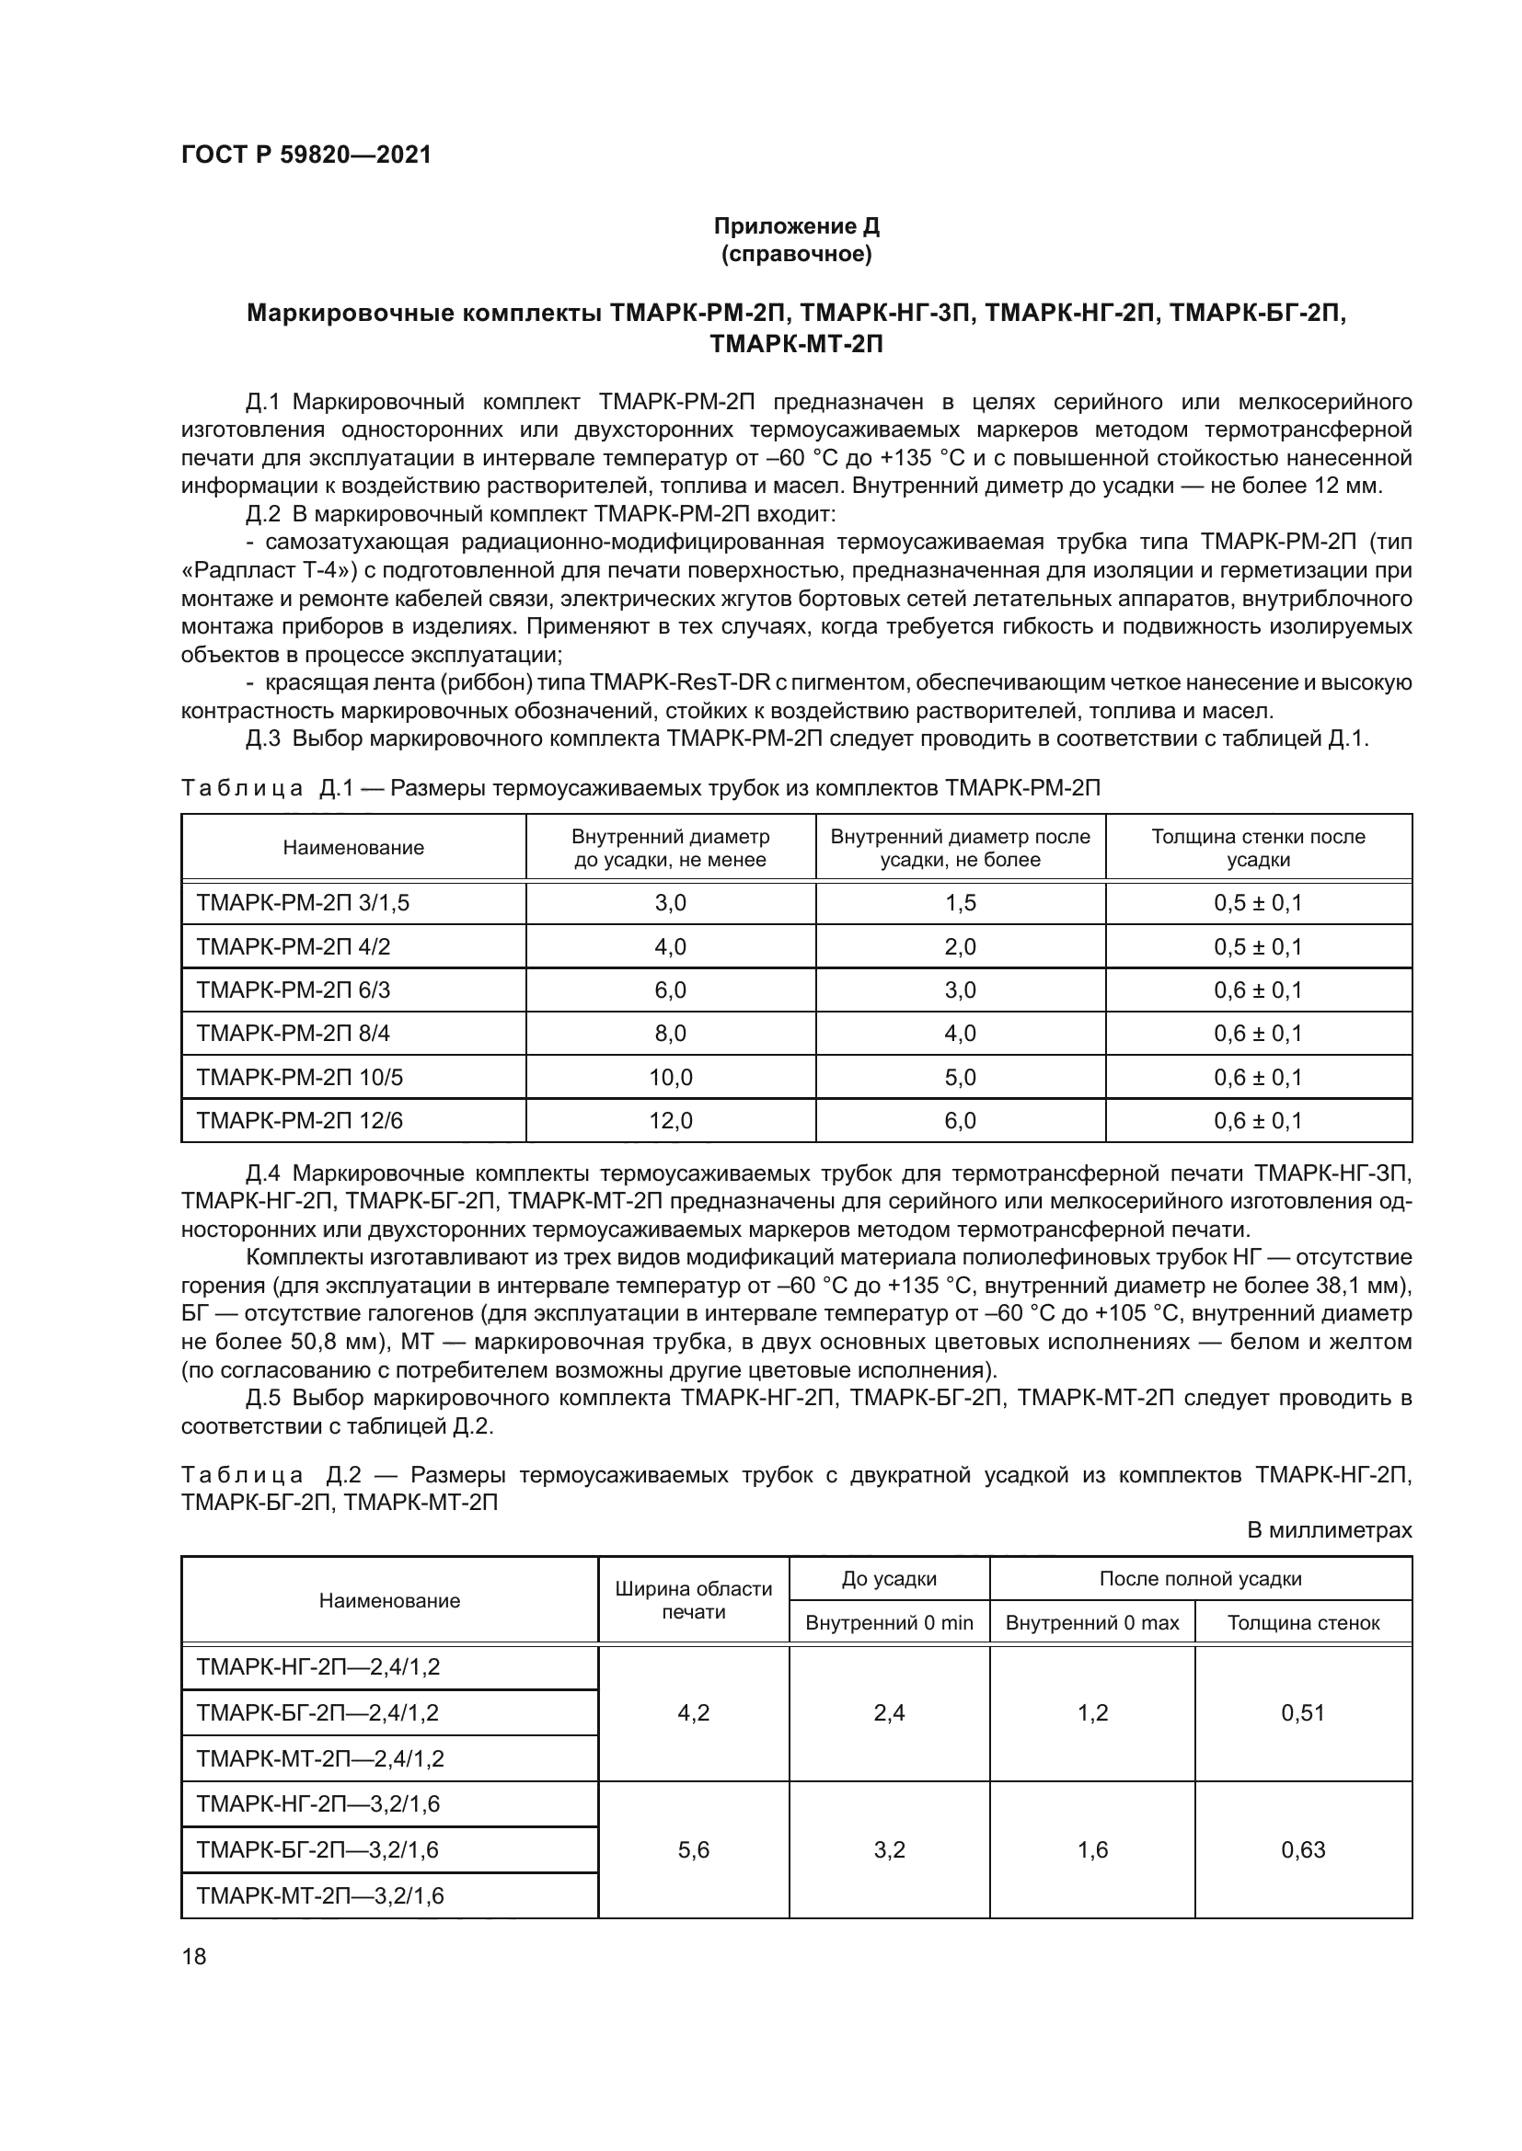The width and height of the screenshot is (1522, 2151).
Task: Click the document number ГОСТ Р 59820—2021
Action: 306,154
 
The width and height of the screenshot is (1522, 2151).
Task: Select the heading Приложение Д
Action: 797,226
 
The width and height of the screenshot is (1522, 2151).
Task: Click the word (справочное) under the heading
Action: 797,254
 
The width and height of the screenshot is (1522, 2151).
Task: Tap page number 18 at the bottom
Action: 194,1956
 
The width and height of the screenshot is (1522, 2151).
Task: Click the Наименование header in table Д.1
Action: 353,848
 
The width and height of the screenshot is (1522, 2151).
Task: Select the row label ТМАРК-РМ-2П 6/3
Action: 293,990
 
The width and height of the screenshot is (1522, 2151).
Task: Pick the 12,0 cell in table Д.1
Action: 670,1120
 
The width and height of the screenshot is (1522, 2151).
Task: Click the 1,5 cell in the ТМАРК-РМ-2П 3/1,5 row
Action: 960,903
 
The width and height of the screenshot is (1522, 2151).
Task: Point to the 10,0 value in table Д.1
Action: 670,1078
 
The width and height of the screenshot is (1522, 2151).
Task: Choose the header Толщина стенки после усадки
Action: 1258,848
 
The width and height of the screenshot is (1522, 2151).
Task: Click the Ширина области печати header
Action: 694,1599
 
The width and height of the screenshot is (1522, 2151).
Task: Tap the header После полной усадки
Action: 1200,1579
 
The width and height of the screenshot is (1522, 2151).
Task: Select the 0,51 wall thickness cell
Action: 1303,1712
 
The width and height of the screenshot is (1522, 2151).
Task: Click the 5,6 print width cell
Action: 694,1849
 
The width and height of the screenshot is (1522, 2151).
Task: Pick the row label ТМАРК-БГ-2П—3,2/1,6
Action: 317,1849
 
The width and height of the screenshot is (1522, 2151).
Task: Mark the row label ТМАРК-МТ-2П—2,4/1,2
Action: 319,1758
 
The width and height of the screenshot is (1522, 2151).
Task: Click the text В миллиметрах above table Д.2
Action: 1328,1531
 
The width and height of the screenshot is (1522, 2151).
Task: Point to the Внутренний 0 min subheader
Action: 889,1622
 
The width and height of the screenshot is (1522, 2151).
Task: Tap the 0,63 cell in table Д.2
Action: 1303,1849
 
